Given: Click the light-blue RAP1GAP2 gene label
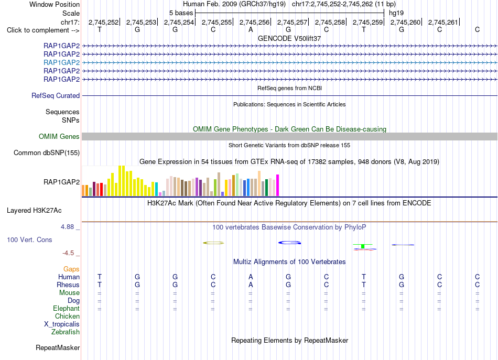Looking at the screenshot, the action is [x=62, y=62].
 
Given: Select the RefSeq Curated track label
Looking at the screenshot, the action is [x=56, y=95].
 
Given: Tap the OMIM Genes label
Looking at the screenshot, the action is [x=59, y=137].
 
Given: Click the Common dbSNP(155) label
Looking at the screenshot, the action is [x=47, y=152].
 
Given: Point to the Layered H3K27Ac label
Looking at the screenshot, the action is [x=34, y=211].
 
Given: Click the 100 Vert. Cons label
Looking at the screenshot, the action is [x=29, y=239].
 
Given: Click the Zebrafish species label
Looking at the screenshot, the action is [x=66, y=332].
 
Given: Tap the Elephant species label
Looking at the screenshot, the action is [x=67, y=309].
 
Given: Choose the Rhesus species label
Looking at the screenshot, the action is [x=68, y=285].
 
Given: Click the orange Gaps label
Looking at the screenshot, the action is [x=71, y=269].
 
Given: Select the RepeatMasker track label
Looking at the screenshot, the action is [x=58, y=348].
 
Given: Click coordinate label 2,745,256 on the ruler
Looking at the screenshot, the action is [x=254, y=22].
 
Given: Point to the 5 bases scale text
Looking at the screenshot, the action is [x=181, y=13].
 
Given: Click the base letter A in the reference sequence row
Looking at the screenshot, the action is [x=251, y=30].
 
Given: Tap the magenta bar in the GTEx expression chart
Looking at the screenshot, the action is [x=278, y=185].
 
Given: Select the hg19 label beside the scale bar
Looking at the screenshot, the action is [x=396, y=13].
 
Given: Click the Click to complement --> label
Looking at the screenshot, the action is [x=43, y=30].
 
